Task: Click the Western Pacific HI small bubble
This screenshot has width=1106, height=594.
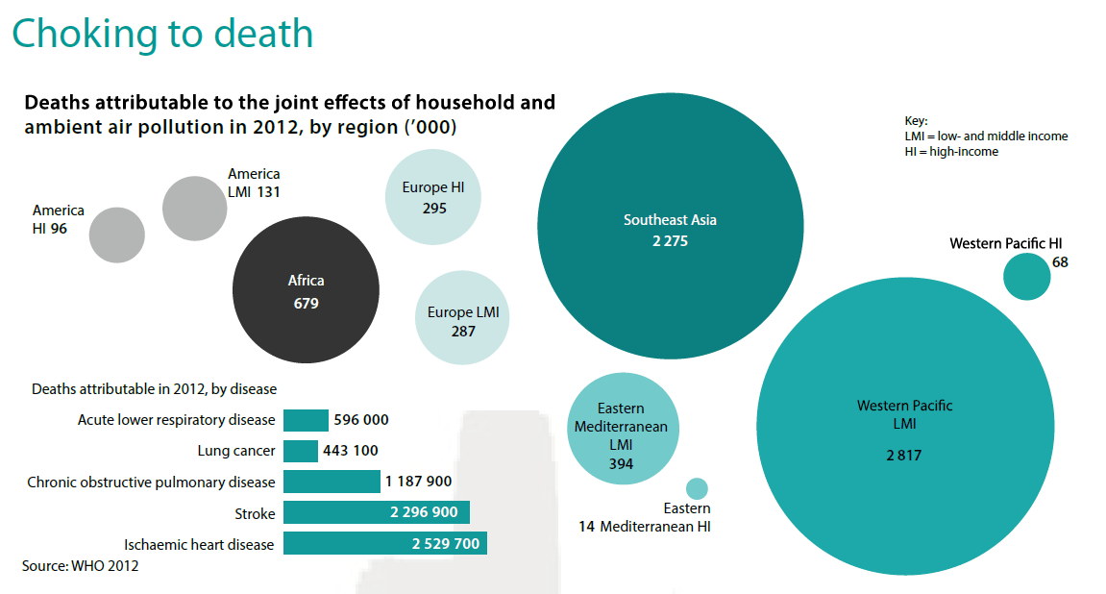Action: click(1027, 277)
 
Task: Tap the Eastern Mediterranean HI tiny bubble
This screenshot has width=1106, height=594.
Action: click(697, 488)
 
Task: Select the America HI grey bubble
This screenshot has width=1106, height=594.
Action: click(117, 235)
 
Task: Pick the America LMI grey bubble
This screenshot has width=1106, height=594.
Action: click(194, 208)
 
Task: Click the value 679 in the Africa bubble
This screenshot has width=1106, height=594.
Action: click(306, 304)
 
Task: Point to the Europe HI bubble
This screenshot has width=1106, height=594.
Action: click(433, 198)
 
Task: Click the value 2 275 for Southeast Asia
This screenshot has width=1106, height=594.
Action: click(669, 241)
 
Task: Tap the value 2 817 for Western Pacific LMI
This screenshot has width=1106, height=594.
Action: click(903, 455)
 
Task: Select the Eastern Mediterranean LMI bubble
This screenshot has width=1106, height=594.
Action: click(620, 427)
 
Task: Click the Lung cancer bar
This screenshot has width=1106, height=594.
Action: click(301, 451)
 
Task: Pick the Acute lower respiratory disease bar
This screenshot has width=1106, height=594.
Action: click(306, 420)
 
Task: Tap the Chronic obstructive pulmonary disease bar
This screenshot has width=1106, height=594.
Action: click(332, 482)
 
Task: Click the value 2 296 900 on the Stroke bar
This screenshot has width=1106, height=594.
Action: click(428, 512)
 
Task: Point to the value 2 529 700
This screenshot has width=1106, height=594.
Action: click(446, 544)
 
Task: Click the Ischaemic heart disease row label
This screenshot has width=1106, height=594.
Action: click(199, 544)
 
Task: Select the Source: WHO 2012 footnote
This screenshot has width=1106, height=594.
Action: click(81, 566)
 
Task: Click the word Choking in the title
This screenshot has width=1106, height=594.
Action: click(85, 34)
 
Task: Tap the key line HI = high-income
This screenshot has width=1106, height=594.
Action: click(950, 152)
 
